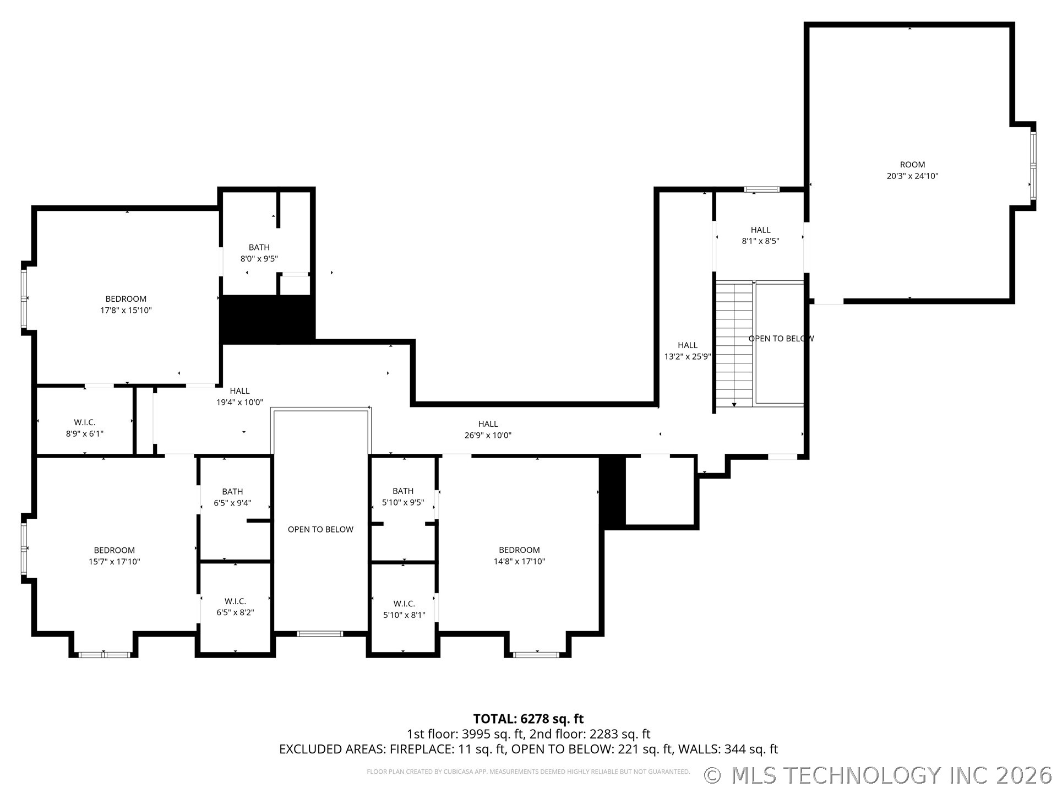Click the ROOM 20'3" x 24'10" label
[x=912, y=170]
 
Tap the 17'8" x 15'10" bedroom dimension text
[x=126, y=310]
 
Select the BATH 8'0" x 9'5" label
[x=259, y=253]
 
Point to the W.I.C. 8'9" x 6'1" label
[x=85, y=428]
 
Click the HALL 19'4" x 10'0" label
[x=239, y=397]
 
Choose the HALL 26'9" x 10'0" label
[x=488, y=430]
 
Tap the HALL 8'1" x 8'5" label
[x=760, y=235]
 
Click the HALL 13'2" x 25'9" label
[x=688, y=351]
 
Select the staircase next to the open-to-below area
[x=734, y=344]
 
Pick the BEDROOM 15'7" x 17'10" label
[x=115, y=556]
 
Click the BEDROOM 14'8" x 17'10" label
[x=519, y=556]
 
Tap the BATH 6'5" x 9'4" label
[x=232, y=497]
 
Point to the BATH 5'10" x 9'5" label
[x=403, y=496]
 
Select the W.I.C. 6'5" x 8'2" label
[x=235, y=607]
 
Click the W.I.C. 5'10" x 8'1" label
[x=404, y=609]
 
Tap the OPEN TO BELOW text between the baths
[x=320, y=529]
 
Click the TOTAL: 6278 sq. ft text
[x=528, y=719]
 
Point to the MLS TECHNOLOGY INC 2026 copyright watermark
[x=878, y=775]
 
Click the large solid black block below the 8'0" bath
[x=268, y=319]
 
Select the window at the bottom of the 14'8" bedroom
[x=536, y=655]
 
